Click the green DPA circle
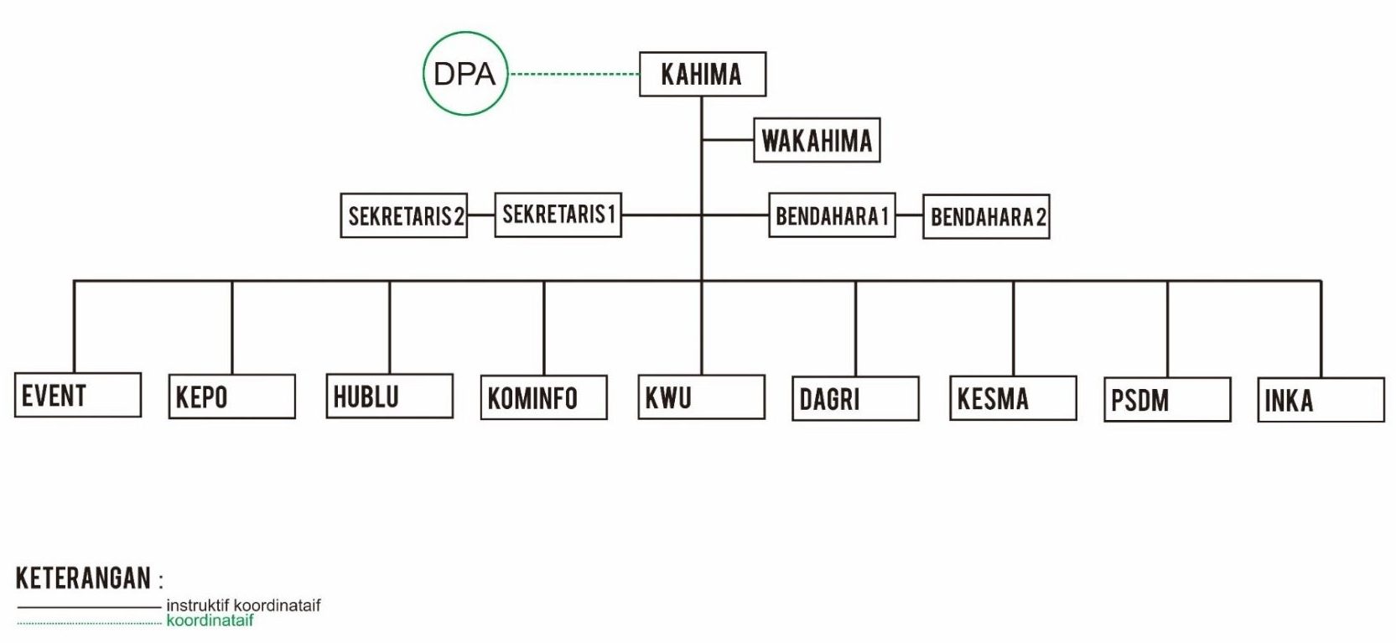pos(464,74)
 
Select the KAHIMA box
pos(702,75)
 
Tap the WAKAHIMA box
pos(817,140)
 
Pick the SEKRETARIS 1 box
pos(558,215)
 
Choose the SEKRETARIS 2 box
pos(403,215)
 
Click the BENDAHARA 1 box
pos(832,215)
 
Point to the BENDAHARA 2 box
pos(986,217)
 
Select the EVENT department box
pos(77,395)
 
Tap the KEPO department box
pos(231,397)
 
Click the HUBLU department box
pos(389,396)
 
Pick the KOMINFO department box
pos(543,397)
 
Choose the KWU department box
pos(701,397)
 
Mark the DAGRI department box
pos(855,398)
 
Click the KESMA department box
pos(1013,398)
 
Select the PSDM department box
pos(1167,400)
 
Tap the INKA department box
pos(1321,400)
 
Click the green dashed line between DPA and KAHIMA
pos(574,75)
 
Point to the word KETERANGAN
pos(84,578)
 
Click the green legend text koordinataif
pos(210,621)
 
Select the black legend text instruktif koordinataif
pos(243,605)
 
